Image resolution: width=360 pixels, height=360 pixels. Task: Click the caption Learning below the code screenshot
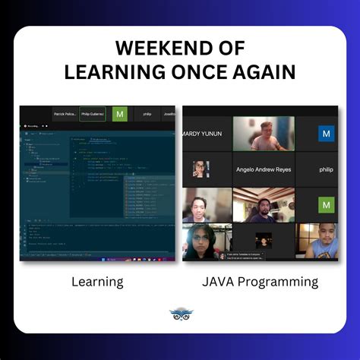tap(97, 283)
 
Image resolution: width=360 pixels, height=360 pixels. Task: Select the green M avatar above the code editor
tap(119, 114)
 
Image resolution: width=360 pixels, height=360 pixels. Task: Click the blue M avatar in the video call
tap(327, 134)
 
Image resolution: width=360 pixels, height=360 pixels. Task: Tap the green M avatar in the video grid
tap(327, 204)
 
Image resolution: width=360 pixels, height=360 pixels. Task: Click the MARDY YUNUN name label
tap(202, 134)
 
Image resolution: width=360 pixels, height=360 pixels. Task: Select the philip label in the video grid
tap(326, 169)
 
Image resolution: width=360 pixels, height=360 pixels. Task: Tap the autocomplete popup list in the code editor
tap(149, 197)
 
